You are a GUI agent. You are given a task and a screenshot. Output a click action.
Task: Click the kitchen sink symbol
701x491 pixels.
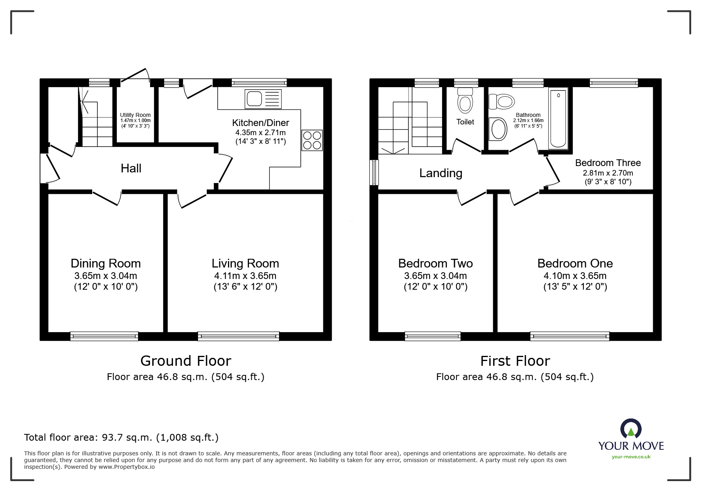click(263, 99)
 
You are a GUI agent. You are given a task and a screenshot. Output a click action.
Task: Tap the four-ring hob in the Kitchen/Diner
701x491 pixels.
click(312, 140)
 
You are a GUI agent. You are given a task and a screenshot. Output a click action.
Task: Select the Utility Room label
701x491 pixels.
click(135, 115)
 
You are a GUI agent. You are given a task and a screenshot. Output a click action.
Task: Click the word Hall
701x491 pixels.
click(131, 168)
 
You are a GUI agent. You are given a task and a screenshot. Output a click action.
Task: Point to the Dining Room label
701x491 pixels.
click(106, 264)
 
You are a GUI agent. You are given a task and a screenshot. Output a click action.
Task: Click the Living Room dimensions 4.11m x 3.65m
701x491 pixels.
click(245, 276)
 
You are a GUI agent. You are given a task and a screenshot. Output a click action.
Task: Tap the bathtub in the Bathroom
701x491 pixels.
click(558, 118)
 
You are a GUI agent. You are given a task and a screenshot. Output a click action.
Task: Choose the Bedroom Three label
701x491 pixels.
click(608, 163)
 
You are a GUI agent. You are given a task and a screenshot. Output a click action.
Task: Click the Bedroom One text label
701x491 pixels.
click(575, 264)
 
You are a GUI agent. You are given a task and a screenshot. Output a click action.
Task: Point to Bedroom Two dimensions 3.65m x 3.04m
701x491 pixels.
click(435, 276)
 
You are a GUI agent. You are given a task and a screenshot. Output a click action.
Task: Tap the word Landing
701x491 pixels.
click(441, 173)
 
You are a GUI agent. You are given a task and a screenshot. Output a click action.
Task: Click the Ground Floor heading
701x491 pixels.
click(186, 361)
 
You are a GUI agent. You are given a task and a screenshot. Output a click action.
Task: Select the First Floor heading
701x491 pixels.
click(515, 361)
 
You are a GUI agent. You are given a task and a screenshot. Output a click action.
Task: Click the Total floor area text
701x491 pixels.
click(121, 438)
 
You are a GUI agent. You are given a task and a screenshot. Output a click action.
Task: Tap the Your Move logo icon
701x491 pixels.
click(631, 429)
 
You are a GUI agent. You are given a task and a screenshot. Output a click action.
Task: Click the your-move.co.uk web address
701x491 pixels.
click(631, 457)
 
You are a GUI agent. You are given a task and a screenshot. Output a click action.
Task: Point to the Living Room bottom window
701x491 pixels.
click(238, 336)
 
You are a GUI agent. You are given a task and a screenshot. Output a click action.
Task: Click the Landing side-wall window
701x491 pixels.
click(374, 172)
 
